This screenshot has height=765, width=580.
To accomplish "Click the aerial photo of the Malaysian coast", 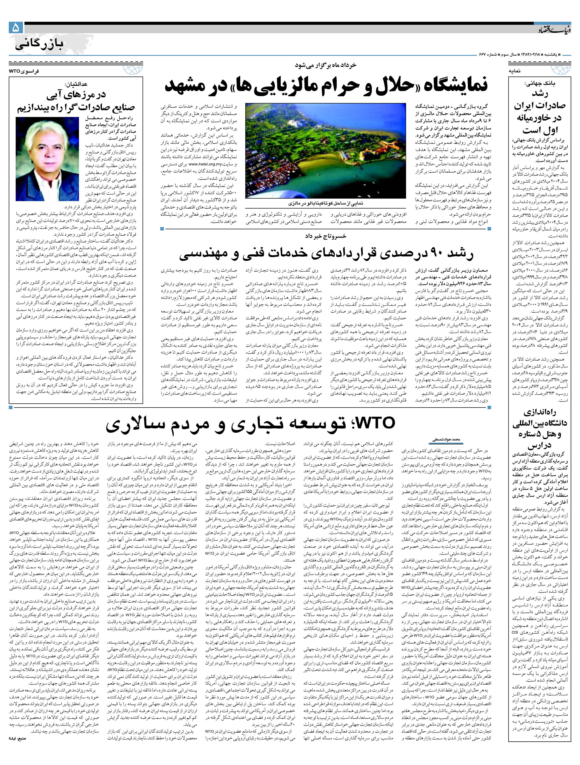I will click(325, 150).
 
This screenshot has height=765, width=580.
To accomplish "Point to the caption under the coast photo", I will click(325, 203).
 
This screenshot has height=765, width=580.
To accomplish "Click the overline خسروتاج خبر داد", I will click(325, 236).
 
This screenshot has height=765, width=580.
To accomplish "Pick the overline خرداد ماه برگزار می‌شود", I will click(325, 65).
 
